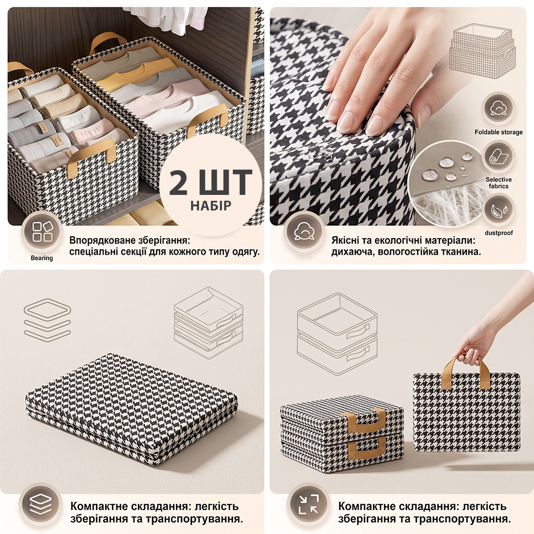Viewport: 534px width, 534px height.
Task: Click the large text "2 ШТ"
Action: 210,182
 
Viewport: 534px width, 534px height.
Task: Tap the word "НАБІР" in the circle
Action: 211,206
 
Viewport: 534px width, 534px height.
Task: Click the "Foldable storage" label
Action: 499,132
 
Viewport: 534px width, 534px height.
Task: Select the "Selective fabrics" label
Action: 499,183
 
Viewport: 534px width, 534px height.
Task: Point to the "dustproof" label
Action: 499,233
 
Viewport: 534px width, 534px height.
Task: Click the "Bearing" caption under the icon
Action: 42,258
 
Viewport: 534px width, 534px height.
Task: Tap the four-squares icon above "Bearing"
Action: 42,232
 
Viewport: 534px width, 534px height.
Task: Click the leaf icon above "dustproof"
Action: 499,210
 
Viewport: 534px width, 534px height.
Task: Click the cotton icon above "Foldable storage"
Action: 499,108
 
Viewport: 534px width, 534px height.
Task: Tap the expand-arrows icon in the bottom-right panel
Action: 308,504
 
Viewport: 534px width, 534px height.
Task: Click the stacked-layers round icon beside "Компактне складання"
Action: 41,504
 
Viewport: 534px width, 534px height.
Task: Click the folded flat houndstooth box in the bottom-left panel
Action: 131,409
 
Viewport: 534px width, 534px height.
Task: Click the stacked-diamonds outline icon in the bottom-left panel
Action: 48,319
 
